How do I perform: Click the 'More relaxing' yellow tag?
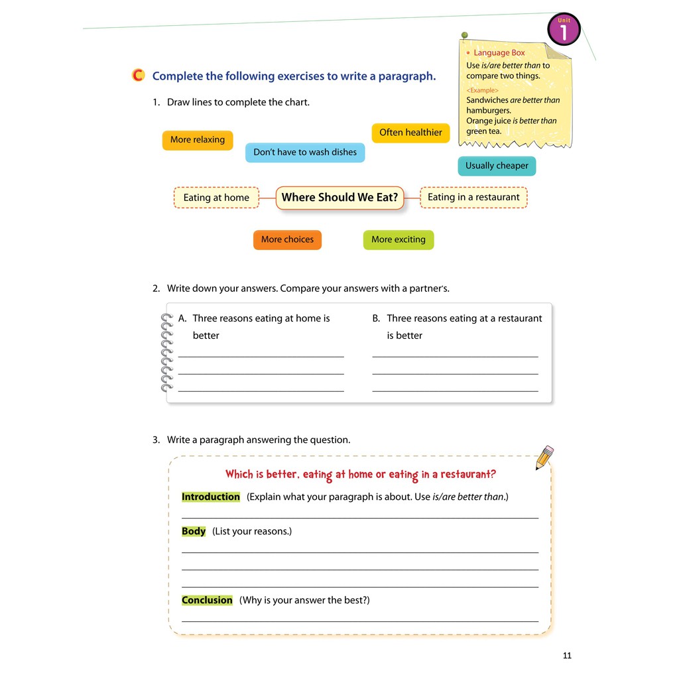[x=198, y=140]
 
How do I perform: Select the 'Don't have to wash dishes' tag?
[x=305, y=153]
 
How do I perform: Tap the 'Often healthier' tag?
[x=410, y=133]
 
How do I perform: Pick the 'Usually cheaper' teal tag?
[x=497, y=166]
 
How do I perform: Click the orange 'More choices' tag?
[x=287, y=239]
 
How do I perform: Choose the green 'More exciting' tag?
[x=399, y=239]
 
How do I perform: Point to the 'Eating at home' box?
[x=216, y=198]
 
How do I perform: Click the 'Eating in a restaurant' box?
[x=473, y=197]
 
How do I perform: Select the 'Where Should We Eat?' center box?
[x=339, y=198]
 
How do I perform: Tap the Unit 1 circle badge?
[x=564, y=30]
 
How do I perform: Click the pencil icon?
[x=544, y=458]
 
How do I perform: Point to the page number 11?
[x=567, y=656]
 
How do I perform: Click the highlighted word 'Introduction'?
[x=211, y=497]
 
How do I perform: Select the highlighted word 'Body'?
[x=194, y=531]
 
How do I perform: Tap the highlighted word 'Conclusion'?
[x=207, y=600]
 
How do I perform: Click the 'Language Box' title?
[x=499, y=52]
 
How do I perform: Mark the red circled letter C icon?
[x=138, y=76]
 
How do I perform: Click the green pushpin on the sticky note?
[x=464, y=34]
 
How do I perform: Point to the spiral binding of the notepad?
[x=166, y=352]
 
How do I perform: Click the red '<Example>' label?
[x=482, y=90]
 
